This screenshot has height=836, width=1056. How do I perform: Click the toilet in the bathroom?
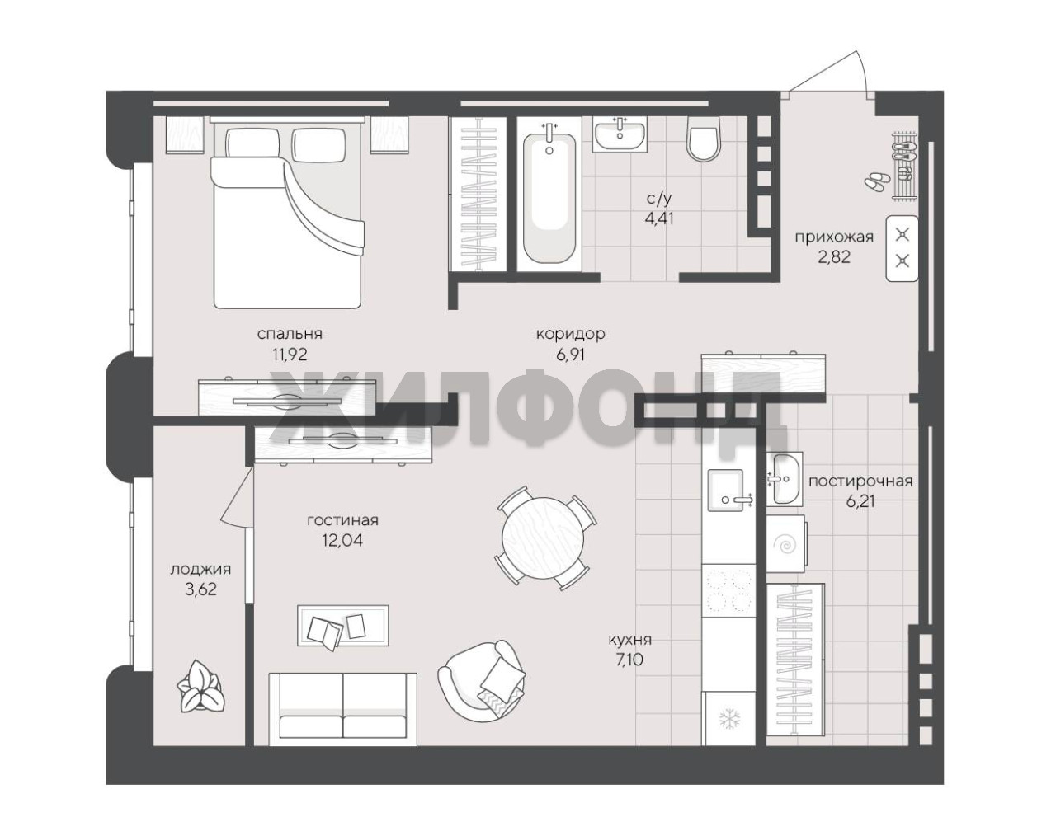click(x=703, y=139)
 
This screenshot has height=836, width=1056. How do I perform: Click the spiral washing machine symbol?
click(x=785, y=545)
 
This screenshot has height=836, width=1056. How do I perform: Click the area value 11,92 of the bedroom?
click(x=290, y=354)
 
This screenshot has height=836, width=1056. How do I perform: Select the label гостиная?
click(x=342, y=520)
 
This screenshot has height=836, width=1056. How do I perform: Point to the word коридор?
click(x=570, y=334)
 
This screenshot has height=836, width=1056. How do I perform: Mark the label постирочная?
click(x=860, y=481)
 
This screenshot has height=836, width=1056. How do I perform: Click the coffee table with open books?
click(x=343, y=626)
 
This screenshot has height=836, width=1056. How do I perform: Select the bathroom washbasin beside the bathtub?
click(x=620, y=134)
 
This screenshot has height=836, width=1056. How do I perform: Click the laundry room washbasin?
click(x=784, y=478)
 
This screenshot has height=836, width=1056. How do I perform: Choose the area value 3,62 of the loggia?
click(x=200, y=589)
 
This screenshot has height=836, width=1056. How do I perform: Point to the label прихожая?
click(x=834, y=237)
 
